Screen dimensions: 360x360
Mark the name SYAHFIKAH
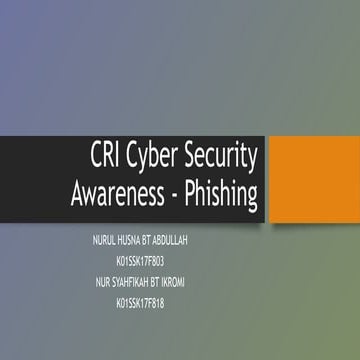(127, 281)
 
